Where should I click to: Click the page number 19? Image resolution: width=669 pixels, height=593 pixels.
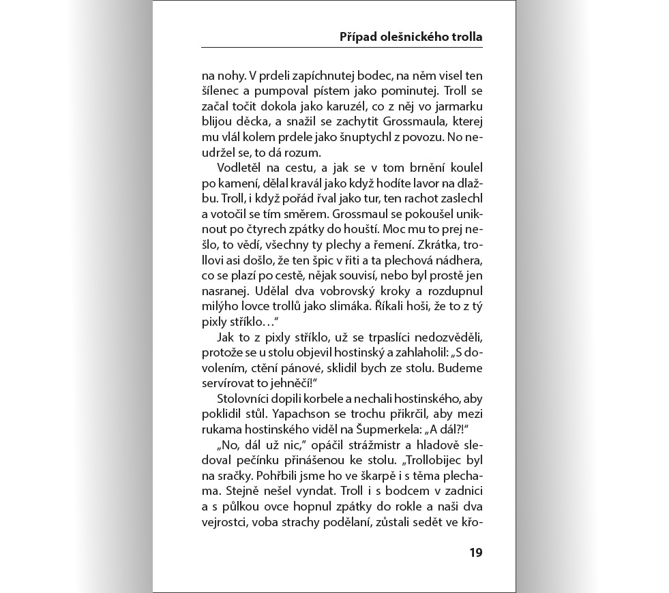[475, 552]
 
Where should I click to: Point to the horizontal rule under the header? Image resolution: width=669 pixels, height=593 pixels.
[342, 48]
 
